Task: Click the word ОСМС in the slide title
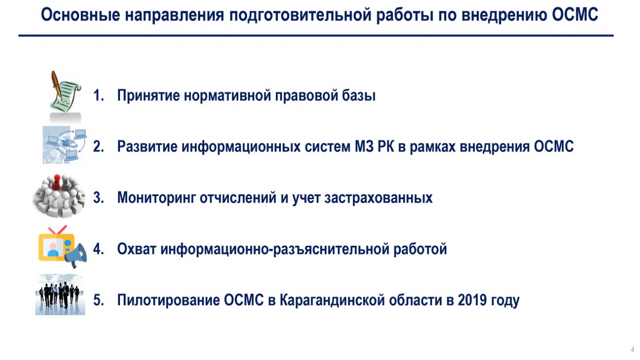tap(574, 14)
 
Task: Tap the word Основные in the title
tap(80, 14)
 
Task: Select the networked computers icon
tap(65, 145)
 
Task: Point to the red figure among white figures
tap(57, 182)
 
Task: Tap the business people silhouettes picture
tap(60, 294)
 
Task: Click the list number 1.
tap(98, 95)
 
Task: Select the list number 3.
tap(98, 198)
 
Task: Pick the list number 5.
tap(98, 300)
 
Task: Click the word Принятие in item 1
tap(149, 96)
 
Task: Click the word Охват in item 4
tap(137, 249)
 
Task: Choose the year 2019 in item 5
tap(472, 300)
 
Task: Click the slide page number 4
tap(632, 350)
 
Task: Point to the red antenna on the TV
tap(58, 229)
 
